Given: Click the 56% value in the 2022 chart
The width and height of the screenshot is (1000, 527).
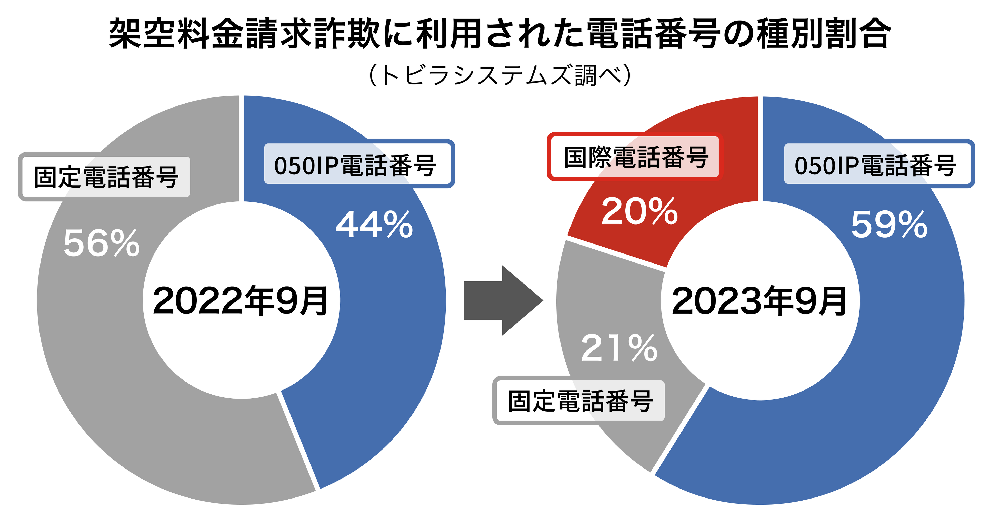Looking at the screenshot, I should point(102,243).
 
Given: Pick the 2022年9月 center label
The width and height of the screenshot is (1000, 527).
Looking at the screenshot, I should point(241,301).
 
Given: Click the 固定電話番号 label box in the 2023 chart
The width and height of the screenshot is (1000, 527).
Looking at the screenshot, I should point(579,401).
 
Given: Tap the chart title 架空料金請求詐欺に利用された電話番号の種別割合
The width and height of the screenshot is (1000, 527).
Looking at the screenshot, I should point(500,34).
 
